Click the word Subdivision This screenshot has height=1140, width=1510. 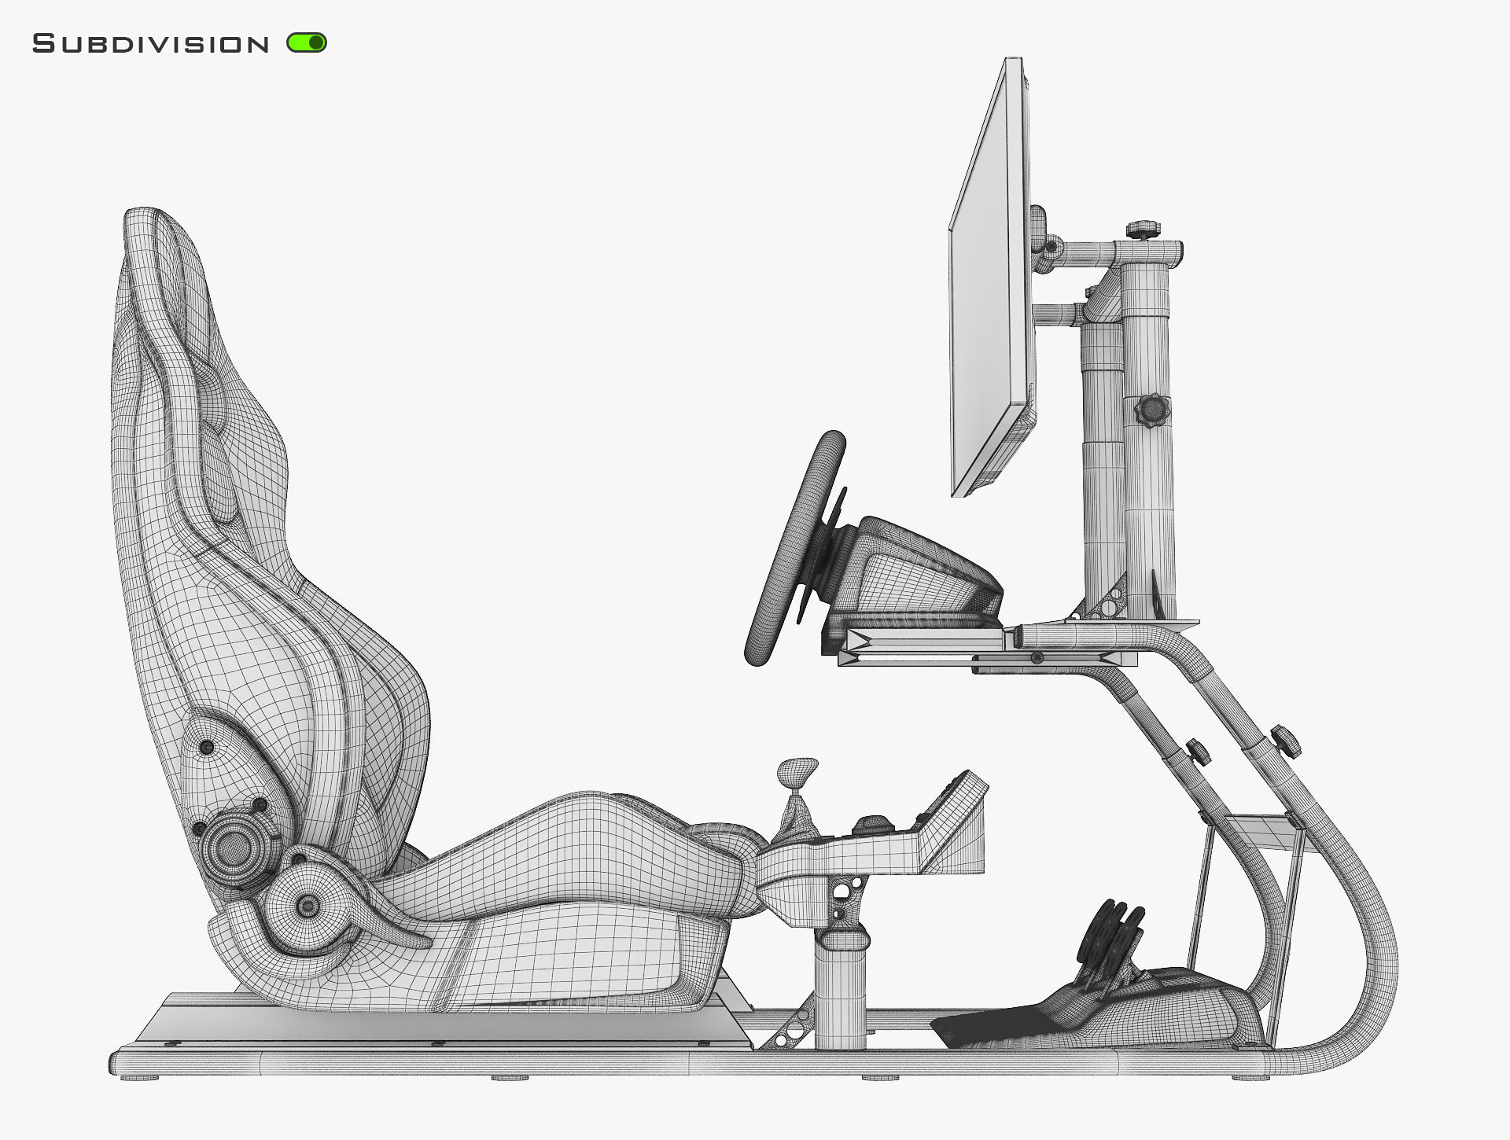point(150,44)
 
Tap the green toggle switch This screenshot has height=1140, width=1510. point(307,42)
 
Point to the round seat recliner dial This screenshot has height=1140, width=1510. point(234,848)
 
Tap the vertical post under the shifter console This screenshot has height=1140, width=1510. point(840,991)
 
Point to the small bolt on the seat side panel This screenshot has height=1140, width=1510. point(207,747)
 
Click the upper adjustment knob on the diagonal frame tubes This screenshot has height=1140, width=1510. point(1283,739)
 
